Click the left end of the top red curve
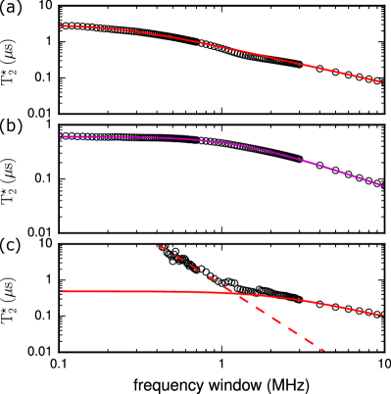tap(61, 25)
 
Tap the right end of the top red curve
tap(382, 81)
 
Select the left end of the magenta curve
tap(61, 136)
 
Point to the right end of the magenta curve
tap(383, 184)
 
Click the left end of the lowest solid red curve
tap(61, 291)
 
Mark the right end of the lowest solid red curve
tap(382, 315)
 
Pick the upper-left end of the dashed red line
tap(159, 245)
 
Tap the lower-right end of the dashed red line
tap(322, 349)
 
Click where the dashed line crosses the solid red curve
tap(235, 293)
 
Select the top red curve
tap(216, 45)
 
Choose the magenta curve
tap(245, 147)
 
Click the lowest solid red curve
tap(147, 291)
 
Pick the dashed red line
tap(274, 319)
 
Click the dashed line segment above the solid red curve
tap(196, 269)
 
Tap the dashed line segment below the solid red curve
tap(284, 324)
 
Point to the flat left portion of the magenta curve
tap(118, 137)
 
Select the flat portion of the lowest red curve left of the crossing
tap(137, 291)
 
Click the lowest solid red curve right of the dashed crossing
tap(314, 302)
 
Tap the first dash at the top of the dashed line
tap(162, 247)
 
